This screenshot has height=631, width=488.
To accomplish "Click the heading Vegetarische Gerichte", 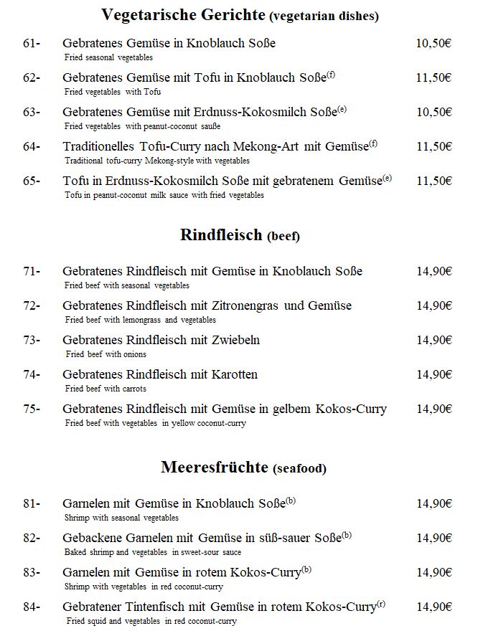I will (x=184, y=14).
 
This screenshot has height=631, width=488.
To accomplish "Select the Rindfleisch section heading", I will (x=221, y=234).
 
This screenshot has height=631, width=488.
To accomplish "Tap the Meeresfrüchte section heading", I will (x=215, y=468).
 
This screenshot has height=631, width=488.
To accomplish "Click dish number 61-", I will (x=32, y=44).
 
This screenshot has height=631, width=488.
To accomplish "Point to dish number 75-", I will (x=32, y=409).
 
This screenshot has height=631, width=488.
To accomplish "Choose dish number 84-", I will (x=32, y=607).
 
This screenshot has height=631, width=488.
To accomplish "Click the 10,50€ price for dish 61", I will (x=433, y=44).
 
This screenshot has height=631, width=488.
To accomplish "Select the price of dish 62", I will (x=433, y=78).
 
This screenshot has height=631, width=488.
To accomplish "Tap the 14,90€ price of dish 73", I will (x=433, y=340).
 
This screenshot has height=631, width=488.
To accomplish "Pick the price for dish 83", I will (x=433, y=572).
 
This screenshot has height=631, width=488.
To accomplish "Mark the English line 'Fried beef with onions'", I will (x=105, y=354).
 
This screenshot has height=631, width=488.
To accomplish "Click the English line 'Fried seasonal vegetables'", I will (x=108, y=57).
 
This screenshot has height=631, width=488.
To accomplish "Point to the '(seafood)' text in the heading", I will (x=299, y=469).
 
